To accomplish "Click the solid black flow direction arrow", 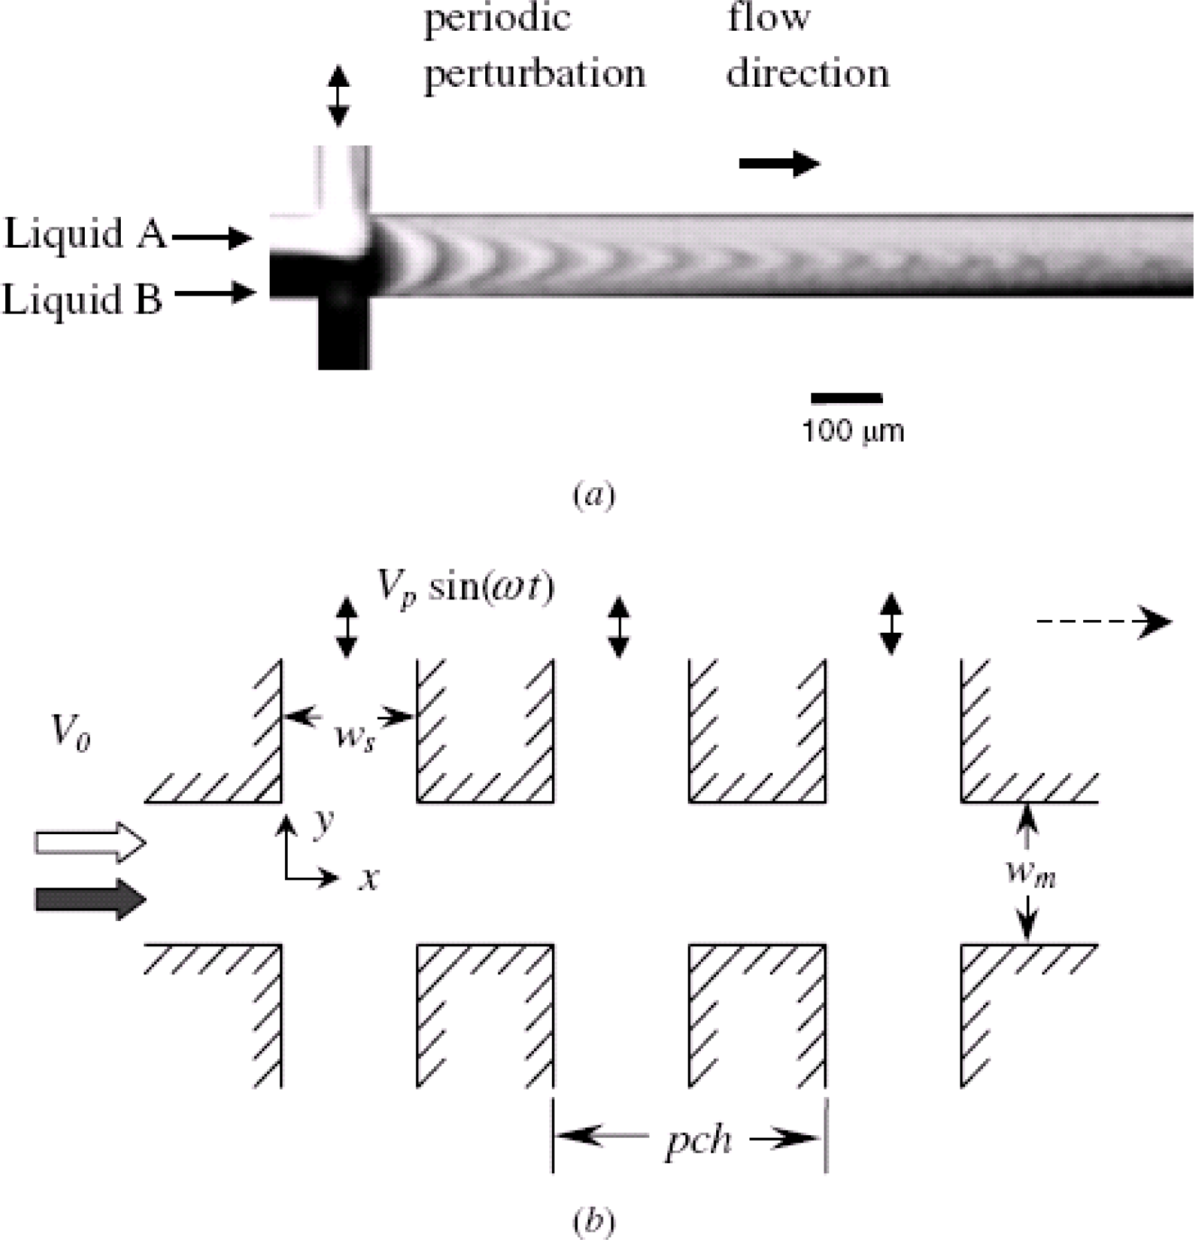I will click(779, 164).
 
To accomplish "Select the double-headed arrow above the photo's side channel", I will click(338, 95).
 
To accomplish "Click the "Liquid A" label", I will click(85, 234).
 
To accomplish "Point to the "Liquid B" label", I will click(83, 298).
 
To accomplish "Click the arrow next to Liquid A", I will click(212, 237).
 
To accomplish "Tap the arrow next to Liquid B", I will click(216, 292).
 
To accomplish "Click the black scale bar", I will click(846, 398).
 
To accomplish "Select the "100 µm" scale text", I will click(853, 430).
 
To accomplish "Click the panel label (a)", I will click(593, 496).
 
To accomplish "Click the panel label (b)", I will click(593, 1221).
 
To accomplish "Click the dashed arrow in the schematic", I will click(1103, 622).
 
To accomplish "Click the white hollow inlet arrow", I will click(91, 844).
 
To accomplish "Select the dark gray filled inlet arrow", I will click(91, 900).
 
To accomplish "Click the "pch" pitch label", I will click(698, 1139).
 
